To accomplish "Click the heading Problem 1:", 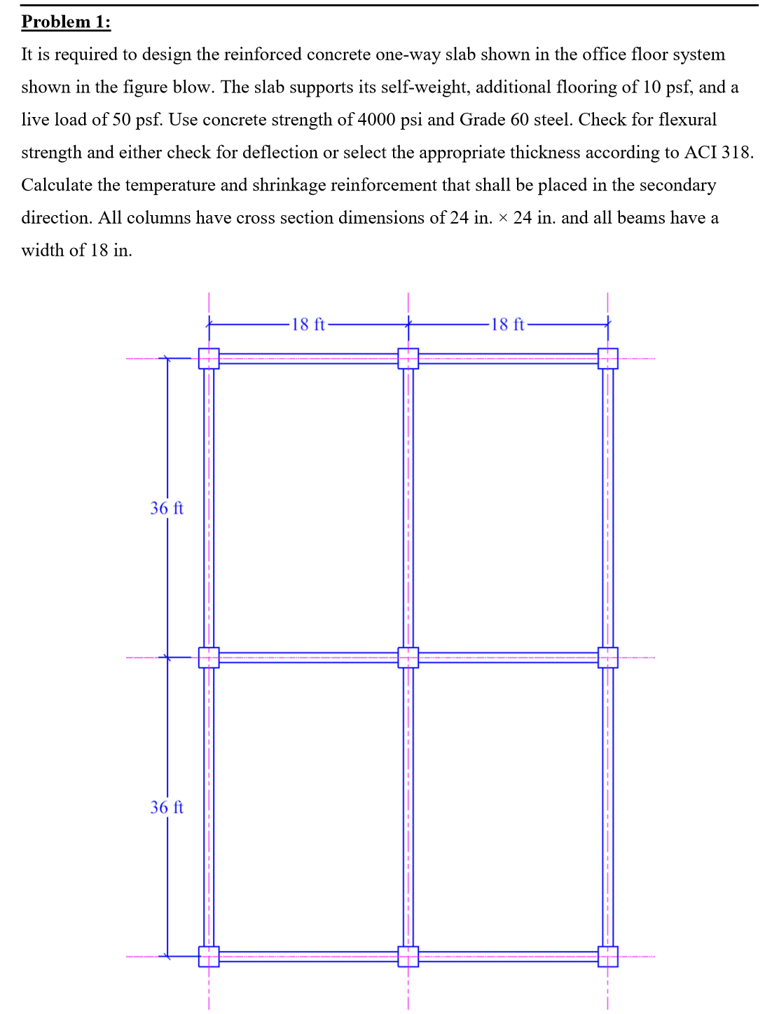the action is tap(66, 22).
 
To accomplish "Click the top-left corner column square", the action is tap(209, 358).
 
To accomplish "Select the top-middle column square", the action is tap(408, 358).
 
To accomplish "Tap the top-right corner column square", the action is tap(608, 358).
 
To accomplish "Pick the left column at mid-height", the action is tap(209, 657).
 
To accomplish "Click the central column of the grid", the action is tap(408, 657).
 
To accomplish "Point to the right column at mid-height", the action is tap(608, 657).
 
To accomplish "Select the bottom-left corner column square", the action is tap(209, 957).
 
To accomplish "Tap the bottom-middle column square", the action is tap(408, 957).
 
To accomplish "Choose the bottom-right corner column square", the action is tap(608, 957).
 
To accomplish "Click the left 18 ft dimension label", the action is tap(308, 324).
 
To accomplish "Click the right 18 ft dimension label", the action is tap(507, 324).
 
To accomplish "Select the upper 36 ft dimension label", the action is tap(167, 508).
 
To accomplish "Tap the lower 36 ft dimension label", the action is tap(167, 807).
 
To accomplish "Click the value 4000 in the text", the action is tap(376, 120).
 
